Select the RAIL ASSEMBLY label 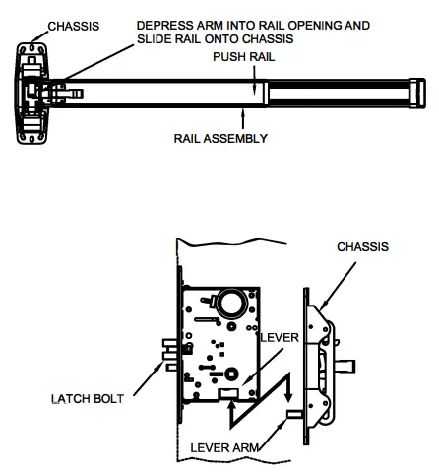pos(221,139)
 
